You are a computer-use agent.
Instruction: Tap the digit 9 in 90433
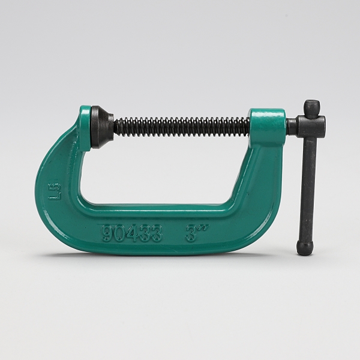[107, 234]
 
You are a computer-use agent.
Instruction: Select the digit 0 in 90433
[119, 234]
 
